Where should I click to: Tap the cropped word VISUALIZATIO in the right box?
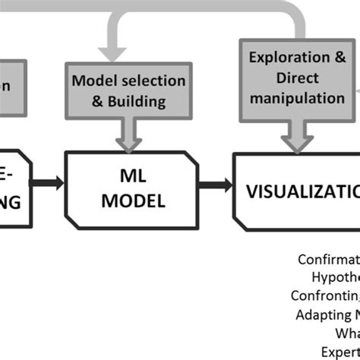304,190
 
